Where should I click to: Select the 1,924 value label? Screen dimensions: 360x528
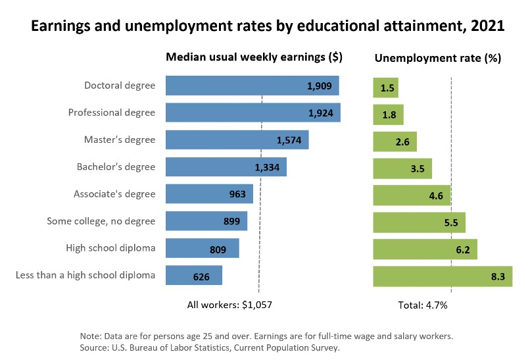(321, 113)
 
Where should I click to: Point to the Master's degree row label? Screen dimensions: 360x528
(120, 140)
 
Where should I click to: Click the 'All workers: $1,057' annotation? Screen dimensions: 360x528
(229, 305)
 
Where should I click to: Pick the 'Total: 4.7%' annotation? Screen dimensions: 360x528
(423, 305)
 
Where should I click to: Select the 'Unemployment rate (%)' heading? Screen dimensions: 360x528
(437, 58)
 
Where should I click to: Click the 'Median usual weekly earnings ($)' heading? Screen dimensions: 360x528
(254, 57)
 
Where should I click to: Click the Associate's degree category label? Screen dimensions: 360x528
(115, 194)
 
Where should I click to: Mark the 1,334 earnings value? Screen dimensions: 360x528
(267, 167)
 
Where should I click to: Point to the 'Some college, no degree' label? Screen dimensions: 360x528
(101, 221)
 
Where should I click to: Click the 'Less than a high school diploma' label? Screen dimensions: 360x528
(85, 275)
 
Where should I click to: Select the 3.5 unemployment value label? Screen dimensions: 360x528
(417, 168)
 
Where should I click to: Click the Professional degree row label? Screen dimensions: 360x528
(112, 113)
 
